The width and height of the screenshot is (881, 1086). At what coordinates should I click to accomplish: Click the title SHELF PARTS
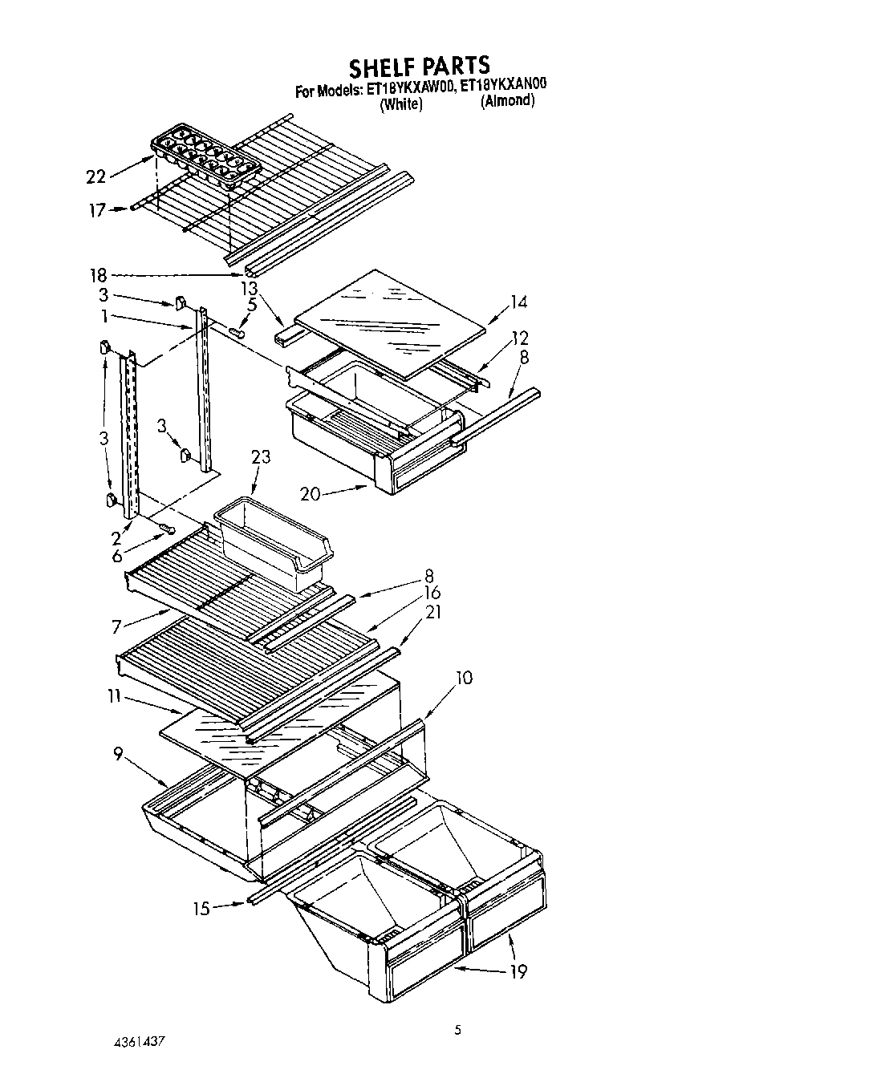(418, 64)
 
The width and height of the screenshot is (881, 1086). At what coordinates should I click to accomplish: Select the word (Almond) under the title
(507, 102)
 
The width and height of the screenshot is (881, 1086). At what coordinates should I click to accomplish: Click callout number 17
(97, 211)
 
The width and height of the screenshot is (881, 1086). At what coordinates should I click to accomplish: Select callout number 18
(98, 275)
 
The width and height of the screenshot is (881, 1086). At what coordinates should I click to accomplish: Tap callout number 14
(518, 302)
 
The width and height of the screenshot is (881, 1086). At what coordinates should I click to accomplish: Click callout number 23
(261, 457)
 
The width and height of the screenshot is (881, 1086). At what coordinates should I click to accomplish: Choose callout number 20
(311, 495)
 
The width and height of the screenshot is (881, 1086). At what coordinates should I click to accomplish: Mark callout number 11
(113, 696)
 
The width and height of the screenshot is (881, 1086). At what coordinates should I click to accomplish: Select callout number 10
(463, 679)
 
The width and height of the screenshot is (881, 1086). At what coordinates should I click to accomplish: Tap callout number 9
(119, 755)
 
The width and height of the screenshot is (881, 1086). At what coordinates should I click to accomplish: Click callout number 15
(201, 908)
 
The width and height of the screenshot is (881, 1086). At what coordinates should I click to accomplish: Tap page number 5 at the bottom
(457, 1031)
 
